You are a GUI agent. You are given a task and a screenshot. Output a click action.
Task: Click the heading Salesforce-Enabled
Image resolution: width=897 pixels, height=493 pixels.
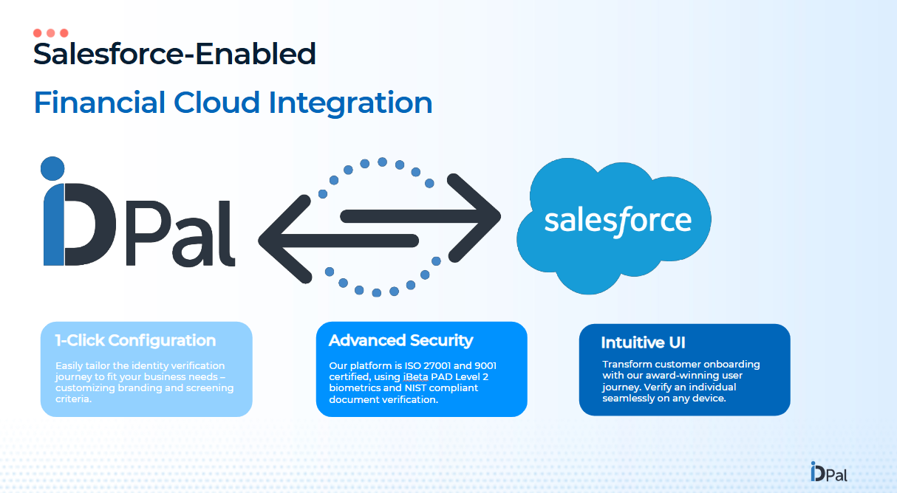(174, 54)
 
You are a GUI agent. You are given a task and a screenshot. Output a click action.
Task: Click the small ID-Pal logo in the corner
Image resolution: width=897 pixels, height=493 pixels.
(828, 472)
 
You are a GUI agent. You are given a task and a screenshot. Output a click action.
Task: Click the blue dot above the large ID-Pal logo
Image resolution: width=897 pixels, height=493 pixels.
(52, 168)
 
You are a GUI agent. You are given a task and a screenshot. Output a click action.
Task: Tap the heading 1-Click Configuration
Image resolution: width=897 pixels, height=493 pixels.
(135, 341)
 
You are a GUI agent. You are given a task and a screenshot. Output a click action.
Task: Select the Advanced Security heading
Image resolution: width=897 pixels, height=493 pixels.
(400, 340)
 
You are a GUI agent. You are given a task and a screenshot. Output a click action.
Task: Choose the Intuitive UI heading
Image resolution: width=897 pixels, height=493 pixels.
(643, 343)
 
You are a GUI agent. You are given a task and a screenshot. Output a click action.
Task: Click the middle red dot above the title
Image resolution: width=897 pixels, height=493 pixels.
(51, 33)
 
